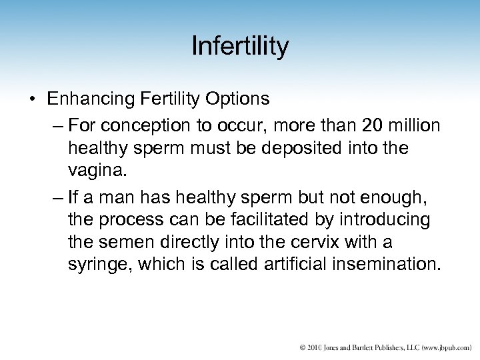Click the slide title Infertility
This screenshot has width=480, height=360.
240,47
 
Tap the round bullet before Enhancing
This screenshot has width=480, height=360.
32,99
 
